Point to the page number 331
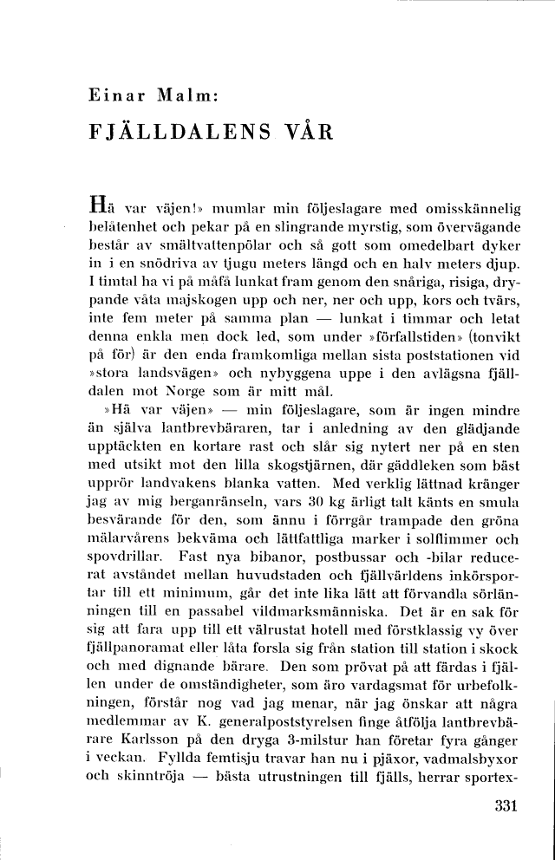pos(503,804)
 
